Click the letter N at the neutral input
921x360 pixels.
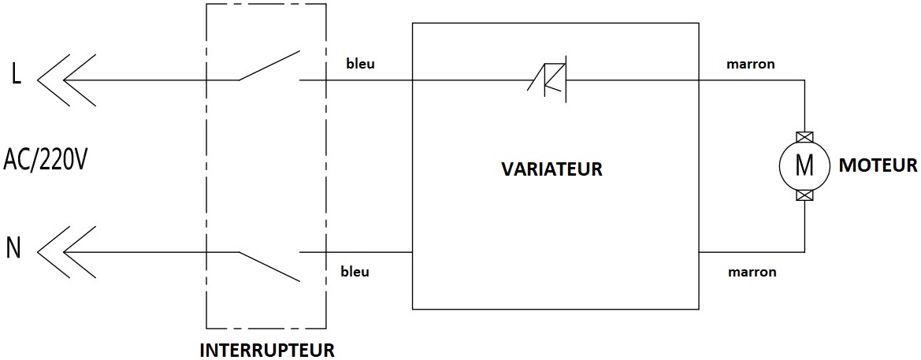(13, 248)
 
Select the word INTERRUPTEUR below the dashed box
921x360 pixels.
(266, 349)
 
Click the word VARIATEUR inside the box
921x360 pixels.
(551, 169)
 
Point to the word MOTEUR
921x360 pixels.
(878, 165)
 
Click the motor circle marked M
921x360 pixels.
(804, 165)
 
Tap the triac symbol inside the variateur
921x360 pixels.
(551, 80)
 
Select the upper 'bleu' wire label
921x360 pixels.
(360, 64)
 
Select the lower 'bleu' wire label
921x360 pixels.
(355, 272)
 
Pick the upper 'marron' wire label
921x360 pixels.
(750, 64)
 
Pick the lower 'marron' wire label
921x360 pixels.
(752, 272)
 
